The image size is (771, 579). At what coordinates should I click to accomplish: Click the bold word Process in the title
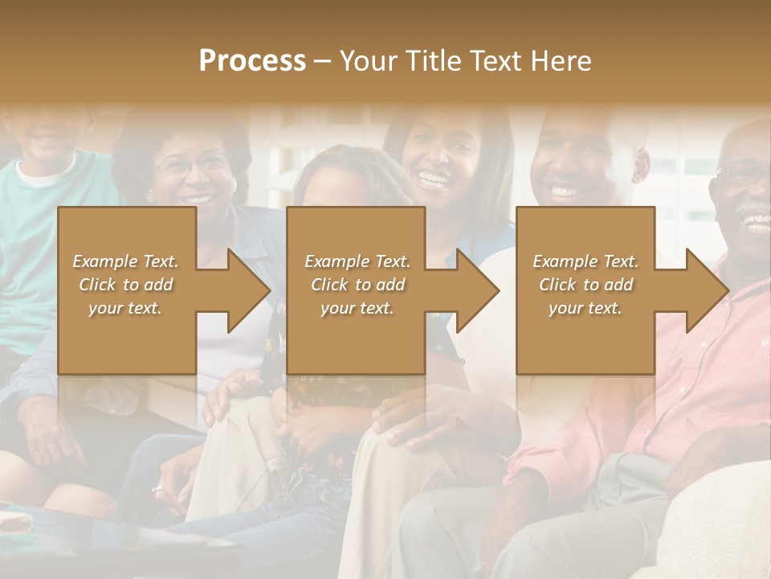252,60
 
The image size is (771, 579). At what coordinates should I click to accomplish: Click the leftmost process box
127,290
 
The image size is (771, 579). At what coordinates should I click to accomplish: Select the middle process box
356,290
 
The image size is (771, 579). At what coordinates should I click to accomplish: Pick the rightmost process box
585,290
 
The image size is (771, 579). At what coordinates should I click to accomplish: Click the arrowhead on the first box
249,290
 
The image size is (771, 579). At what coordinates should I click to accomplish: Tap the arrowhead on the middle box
478,290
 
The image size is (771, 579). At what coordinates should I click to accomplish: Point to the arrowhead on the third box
708,290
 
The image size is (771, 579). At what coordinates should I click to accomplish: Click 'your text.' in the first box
125,308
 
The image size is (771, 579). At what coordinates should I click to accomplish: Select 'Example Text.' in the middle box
357,261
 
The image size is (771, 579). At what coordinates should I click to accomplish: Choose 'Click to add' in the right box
585,285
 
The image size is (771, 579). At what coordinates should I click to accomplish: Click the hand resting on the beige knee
410,430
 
